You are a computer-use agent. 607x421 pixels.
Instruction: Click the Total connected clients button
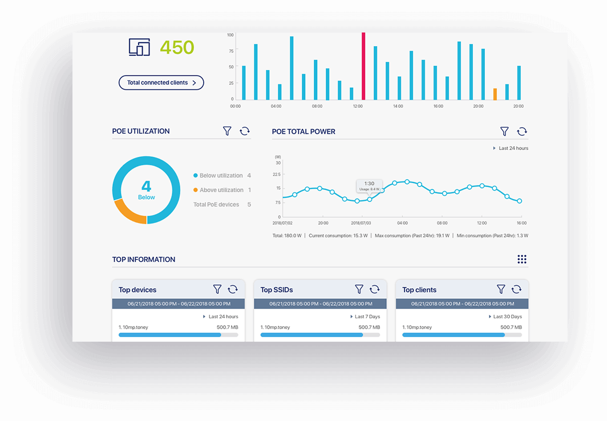click(161, 83)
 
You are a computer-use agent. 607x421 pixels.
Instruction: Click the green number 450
click(177, 47)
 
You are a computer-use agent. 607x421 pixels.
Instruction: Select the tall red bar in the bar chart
click(363, 66)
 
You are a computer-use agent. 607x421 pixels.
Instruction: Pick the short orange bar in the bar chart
click(495, 94)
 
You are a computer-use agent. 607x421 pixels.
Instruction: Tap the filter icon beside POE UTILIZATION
click(227, 131)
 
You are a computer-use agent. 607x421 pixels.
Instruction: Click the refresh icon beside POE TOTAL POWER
click(521, 132)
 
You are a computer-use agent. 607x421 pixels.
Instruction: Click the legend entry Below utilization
click(221, 176)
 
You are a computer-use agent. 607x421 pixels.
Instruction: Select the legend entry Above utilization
click(221, 190)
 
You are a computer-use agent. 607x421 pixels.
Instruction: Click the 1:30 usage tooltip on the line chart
click(369, 186)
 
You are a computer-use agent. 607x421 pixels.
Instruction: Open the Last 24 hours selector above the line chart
click(513, 148)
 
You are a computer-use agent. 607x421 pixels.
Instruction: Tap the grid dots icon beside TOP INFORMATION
click(521, 260)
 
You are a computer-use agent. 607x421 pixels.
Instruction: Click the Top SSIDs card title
click(277, 290)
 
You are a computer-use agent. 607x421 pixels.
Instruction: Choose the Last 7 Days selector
click(367, 317)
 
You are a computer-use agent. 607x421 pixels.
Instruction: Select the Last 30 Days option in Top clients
click(507, 317)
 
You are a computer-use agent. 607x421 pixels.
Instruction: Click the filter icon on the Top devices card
click(217, 290)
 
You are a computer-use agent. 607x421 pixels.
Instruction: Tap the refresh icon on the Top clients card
click(516, 290)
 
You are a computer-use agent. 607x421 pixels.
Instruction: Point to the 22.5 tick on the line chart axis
click(277, 175)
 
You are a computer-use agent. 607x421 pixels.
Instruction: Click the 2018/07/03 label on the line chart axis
click(361, 223)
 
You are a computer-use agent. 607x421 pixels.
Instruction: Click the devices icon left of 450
click(139, 47)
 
